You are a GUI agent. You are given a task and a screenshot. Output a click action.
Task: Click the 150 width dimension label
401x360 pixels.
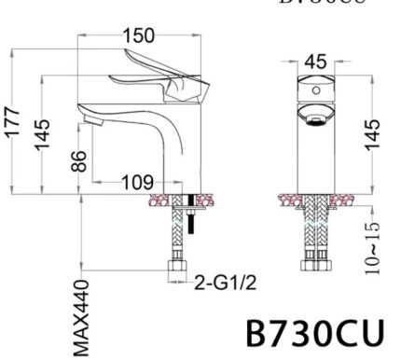[140, 36]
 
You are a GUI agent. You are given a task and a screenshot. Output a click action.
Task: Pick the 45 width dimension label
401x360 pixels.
[316, 62]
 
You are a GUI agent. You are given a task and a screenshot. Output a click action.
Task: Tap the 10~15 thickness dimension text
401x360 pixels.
[374, 244]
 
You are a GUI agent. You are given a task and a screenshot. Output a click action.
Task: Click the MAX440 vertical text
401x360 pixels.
[81, 317]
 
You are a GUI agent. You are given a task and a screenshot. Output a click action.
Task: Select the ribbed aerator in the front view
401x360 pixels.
[316, 117]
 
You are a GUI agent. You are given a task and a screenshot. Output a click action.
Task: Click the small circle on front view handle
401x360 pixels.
[316, 91]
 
